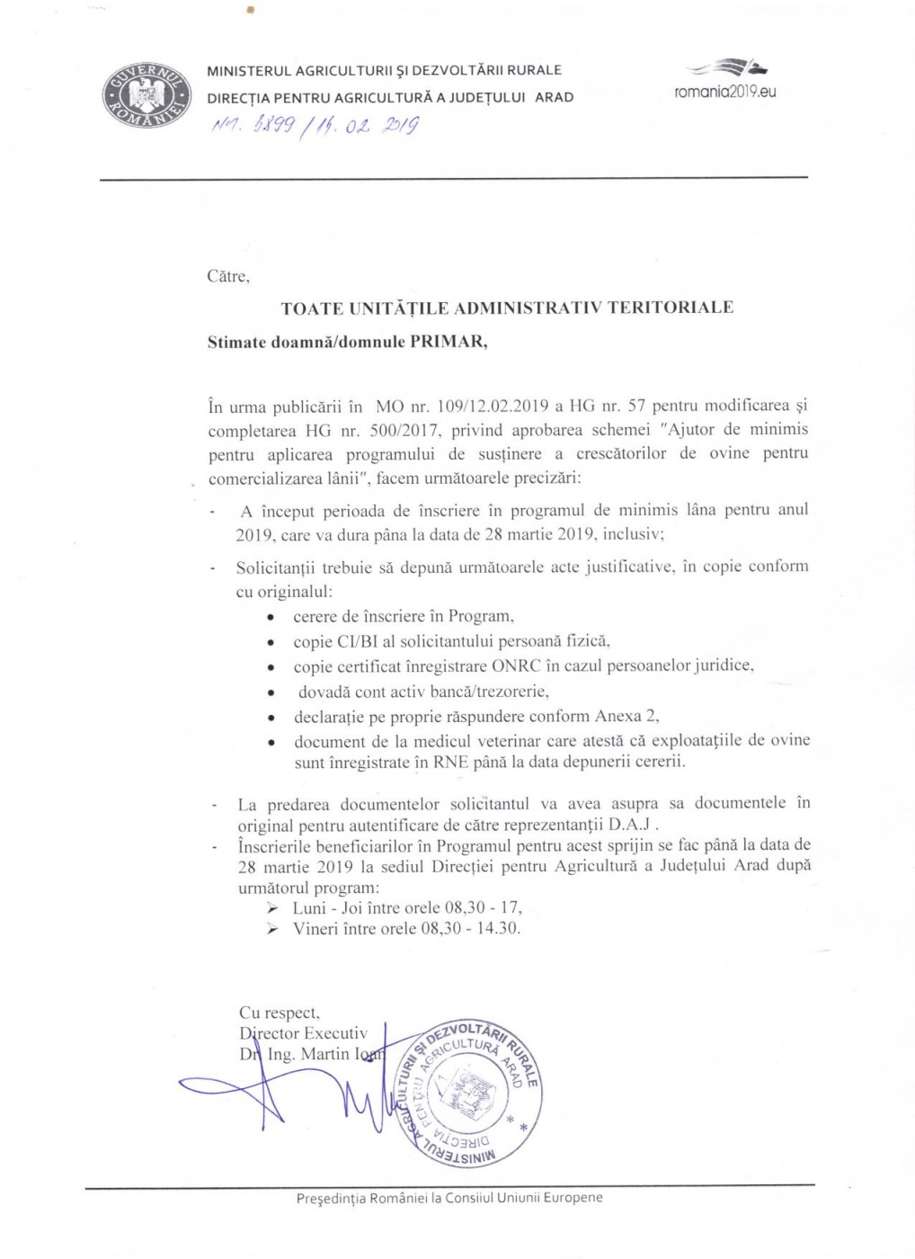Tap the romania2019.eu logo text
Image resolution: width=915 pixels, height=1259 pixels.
click(724, 92)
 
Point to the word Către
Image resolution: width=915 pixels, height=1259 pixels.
click(227, 277)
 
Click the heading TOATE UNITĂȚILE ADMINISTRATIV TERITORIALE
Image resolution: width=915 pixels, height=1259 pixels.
click(507, 308)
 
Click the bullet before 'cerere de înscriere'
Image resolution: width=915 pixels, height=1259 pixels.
click(271, 619)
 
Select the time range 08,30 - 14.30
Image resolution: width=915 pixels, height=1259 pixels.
click(470, 929)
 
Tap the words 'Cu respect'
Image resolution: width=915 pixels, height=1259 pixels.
click(279, 1013)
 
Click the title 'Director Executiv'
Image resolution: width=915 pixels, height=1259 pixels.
click(304, 1033)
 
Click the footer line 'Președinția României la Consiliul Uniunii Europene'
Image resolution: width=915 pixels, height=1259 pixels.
click(449, 1198)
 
